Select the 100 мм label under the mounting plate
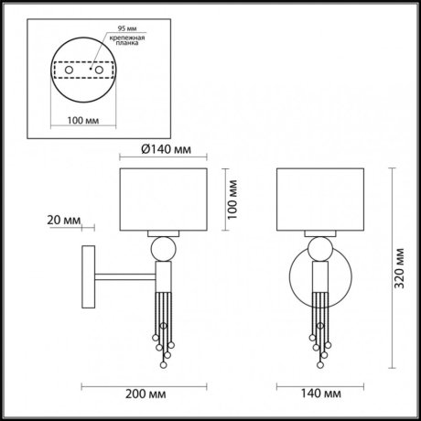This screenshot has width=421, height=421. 81,119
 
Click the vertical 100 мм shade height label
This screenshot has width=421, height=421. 232,199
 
